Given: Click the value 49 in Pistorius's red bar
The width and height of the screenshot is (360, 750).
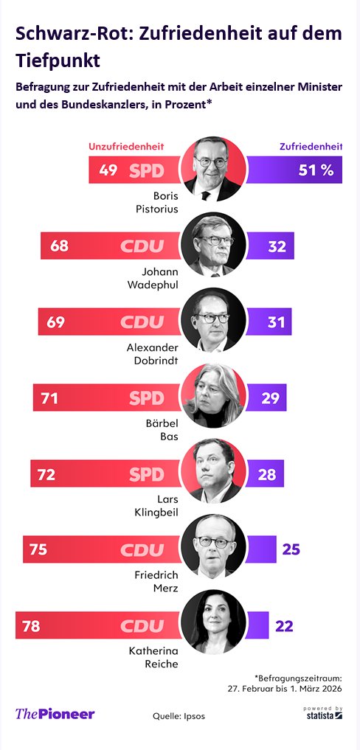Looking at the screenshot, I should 108,170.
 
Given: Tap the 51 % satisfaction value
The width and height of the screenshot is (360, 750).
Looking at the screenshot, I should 316,170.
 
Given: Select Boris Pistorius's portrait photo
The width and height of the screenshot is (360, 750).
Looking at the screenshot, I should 213,168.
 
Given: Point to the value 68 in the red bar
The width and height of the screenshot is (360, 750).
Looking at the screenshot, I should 60,246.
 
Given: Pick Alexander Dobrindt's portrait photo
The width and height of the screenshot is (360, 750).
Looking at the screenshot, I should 213,320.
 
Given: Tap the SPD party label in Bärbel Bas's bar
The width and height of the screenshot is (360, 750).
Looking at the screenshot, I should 146,398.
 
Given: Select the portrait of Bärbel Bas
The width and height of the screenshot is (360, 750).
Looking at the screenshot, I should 213,396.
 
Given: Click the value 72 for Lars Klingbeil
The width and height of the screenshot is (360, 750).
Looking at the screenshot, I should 46,474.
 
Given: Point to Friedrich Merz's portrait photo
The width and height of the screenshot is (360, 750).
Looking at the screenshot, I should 213,547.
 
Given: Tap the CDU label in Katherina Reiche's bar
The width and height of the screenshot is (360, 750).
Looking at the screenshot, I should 142,627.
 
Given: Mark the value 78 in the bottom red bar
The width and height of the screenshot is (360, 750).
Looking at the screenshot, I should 30,627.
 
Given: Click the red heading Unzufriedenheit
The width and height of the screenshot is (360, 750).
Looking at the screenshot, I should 126,147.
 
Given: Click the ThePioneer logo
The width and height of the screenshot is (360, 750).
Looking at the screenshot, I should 55,714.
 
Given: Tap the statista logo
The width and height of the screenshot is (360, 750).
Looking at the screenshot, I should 322,713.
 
